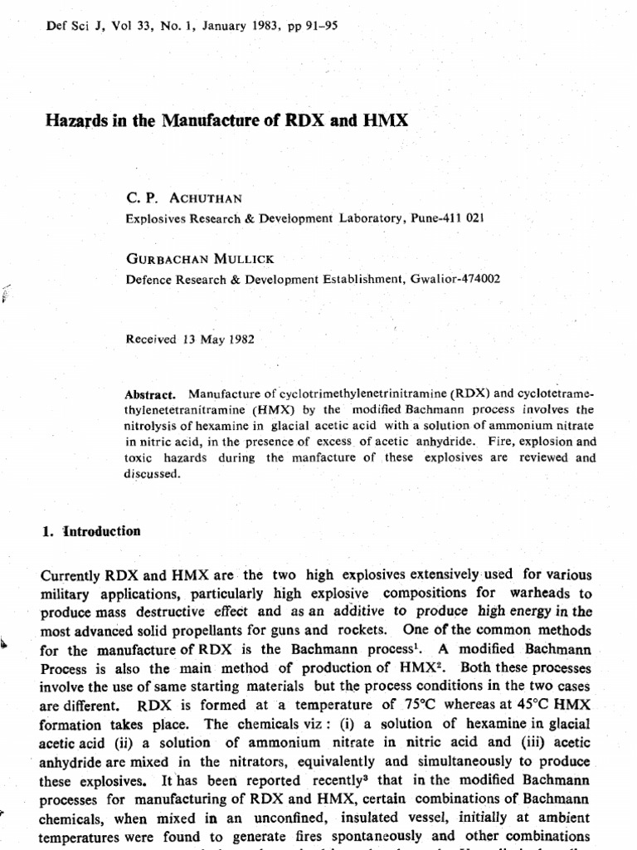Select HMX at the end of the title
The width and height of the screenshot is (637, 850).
click(x=387, y=120)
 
